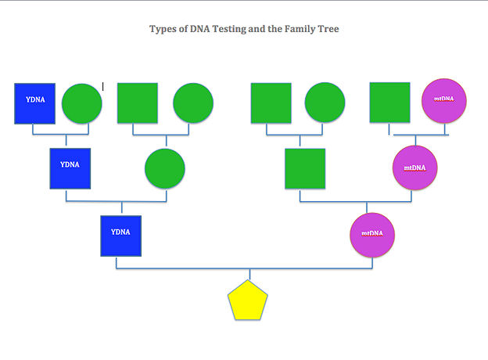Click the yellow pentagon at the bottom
[248, 301]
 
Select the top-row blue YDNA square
[35, 103]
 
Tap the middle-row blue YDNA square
[70, 168]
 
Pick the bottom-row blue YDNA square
[120, 236]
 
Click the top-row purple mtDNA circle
[443, 101]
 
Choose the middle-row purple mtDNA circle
[414, 167]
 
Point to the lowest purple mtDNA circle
[372, 235]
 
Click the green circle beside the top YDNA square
[82, 103]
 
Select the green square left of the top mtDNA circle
[389, 103]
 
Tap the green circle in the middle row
[165, 168]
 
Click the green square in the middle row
[305, 168]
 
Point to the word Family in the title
[300, 29]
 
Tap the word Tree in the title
[328, 29]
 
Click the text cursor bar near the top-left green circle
[103, 87]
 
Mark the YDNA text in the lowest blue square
[120, 232]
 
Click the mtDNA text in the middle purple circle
[414, 167]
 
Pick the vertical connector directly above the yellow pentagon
[249, 274]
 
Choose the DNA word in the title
[199, 29]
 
